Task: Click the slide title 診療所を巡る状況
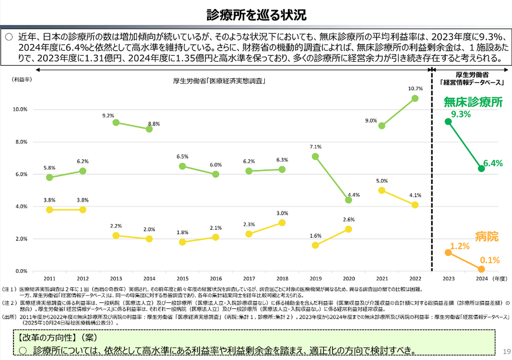pos(256,14)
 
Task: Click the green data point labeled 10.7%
pos(415,98)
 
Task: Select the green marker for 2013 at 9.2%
pos(116,122)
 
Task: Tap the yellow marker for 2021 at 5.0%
pos(382,190)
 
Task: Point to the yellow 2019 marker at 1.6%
pos(315,245)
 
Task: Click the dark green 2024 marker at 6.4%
pos(481,168)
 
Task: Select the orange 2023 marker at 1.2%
pos(448,252)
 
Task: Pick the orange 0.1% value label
pos(490,259)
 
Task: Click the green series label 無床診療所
pos(473,102)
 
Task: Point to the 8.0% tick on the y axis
pos(20,142)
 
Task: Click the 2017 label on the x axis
pos(249,279)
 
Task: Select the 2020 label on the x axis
pos(348,279)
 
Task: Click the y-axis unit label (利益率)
pos(22,79)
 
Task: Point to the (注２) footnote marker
pos(9,302)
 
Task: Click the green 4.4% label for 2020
pos(353,195)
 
